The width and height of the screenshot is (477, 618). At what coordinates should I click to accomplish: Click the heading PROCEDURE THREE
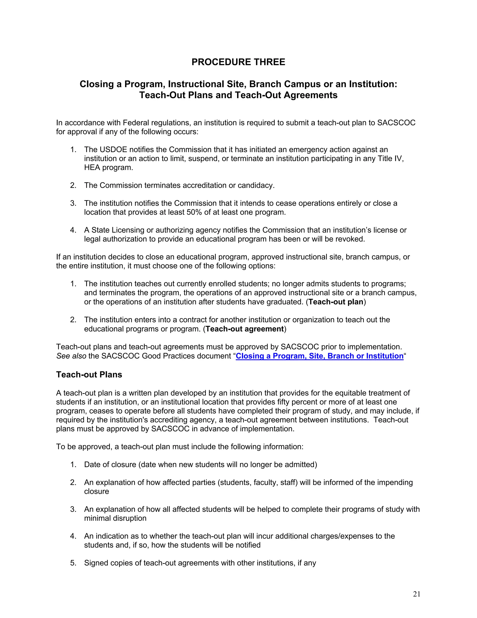238,62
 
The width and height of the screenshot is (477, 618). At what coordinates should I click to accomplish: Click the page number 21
416,594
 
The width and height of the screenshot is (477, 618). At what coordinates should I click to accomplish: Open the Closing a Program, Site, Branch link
319,356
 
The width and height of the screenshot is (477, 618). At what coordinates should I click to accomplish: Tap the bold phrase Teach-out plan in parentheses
336,302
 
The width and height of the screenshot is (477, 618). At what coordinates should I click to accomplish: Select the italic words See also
71,356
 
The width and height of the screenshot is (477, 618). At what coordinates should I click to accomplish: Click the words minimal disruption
115,518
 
